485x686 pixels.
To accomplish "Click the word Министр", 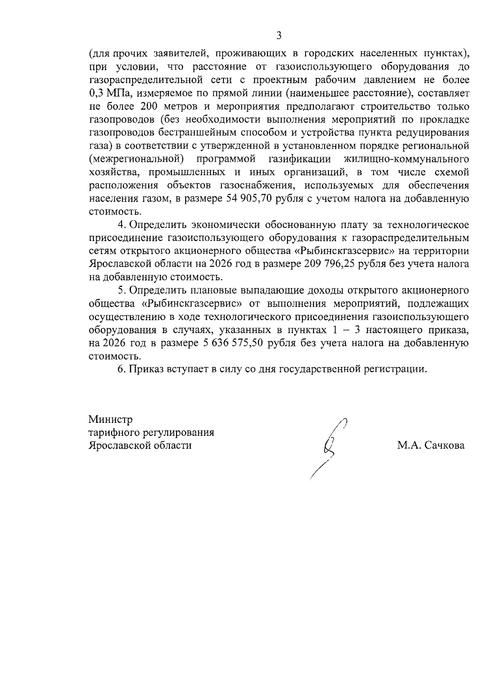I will coord(110,420).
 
